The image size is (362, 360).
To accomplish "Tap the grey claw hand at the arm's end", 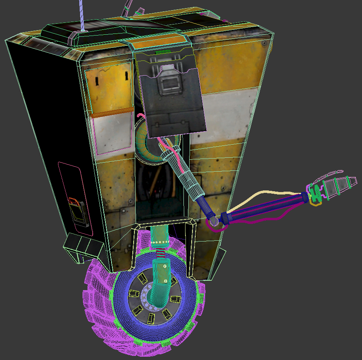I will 337,186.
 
